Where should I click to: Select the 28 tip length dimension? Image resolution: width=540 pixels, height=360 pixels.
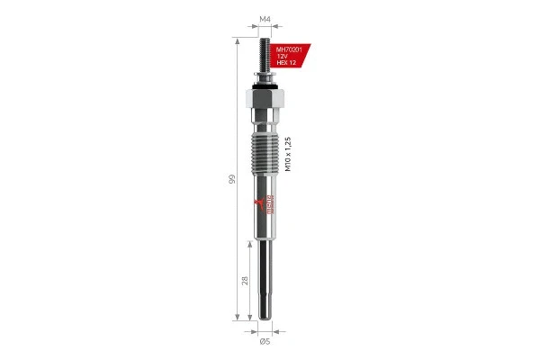point(245,281)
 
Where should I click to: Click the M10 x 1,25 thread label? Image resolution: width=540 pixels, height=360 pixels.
point(288,154)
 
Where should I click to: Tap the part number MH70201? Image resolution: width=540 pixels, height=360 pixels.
point(289,49)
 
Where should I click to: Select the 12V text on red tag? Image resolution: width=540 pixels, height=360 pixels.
point(283,57)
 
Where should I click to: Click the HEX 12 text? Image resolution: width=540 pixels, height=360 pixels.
point(287,64)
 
